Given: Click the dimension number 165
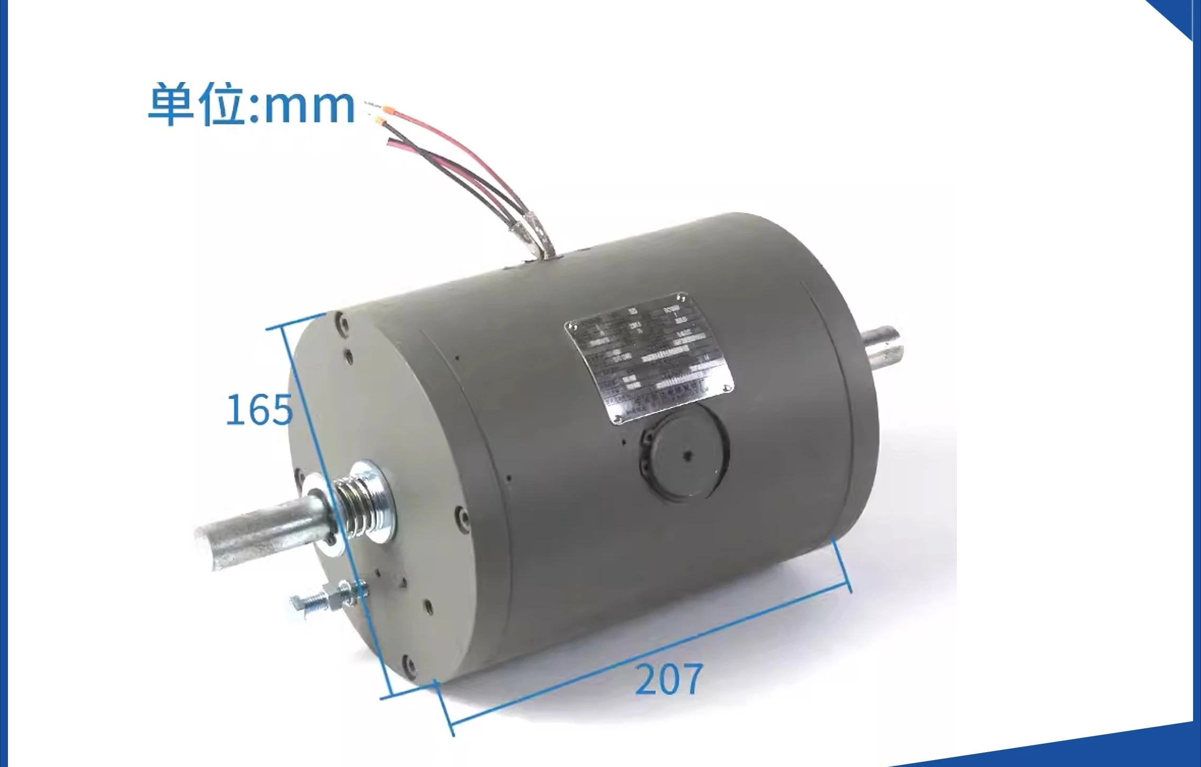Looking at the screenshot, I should [x=259, y=409].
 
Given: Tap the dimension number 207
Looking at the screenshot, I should [x=668, y=679].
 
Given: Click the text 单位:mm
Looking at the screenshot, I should [x=251, y=105].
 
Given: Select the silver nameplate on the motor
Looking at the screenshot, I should [x=649, y=358].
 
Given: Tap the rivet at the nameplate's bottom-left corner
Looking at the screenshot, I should [x=617, y=420].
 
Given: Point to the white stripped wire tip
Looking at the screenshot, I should [x=369, y=103].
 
